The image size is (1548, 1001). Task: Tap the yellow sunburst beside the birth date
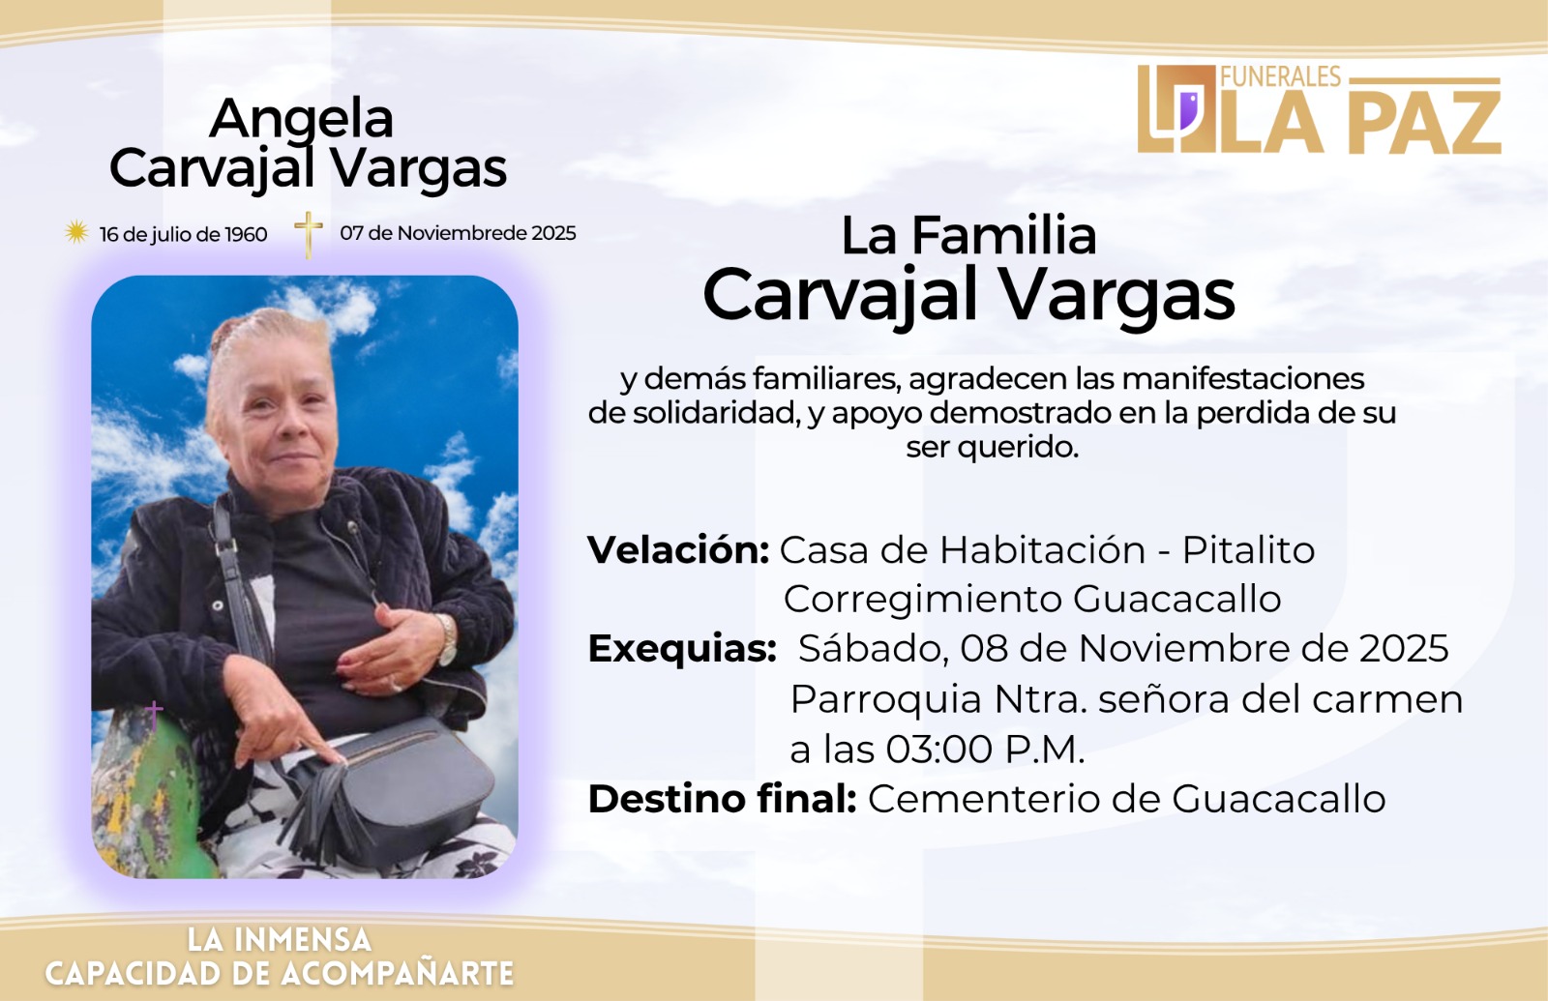tap(76, 232)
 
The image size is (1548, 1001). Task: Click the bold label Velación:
tap(678, 550)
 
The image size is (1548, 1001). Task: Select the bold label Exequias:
tap(682, 649)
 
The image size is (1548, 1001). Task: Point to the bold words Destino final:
tap(722, 799)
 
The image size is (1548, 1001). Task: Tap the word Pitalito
tap(1248, 550)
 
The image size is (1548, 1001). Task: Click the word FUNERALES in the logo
tap(1281, 76)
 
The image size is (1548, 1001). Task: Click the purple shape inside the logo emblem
tap(1189, 110)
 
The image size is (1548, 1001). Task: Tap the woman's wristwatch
tap(447, 639)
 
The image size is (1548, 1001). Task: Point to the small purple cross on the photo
tap(154, 712)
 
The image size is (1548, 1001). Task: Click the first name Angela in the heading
tap(301, 118)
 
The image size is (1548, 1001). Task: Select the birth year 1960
tap(246, 235)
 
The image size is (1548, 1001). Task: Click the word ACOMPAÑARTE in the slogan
tap(397, 973)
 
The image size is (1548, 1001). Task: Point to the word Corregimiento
tap(923, 600)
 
